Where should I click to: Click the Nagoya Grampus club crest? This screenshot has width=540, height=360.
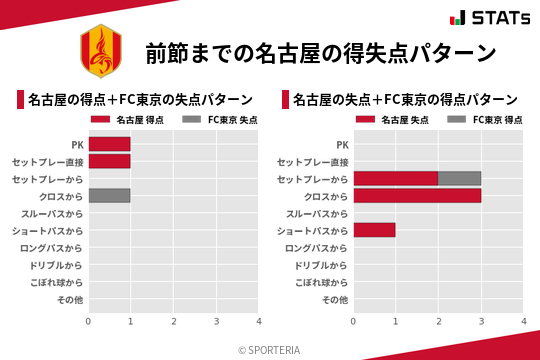click(x=99, y=52)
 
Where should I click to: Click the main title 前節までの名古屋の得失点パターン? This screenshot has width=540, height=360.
click(x=321, y=53)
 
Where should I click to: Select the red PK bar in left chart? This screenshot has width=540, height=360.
click(x=109, y=144)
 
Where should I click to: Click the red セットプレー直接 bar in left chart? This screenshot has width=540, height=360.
click(x=109, y=161)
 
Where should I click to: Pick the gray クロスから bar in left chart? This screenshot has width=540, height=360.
click(x=109, y=195)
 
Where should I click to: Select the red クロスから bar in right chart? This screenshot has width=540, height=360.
click(x=417, y=195)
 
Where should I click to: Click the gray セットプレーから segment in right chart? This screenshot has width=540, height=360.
click(x=460, y=178)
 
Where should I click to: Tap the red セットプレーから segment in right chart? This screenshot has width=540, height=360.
click(x=396, y=178)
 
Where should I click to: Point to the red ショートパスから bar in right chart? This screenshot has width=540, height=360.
click(x=375, y=230)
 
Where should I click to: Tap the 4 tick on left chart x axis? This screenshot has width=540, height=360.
click(x=259, y=322)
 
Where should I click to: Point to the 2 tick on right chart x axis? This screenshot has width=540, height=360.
click(x=439, y=322)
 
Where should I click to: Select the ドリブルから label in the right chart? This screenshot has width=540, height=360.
click(x=322, y=265)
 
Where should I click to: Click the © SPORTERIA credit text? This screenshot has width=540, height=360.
click(x=269, y=350)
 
